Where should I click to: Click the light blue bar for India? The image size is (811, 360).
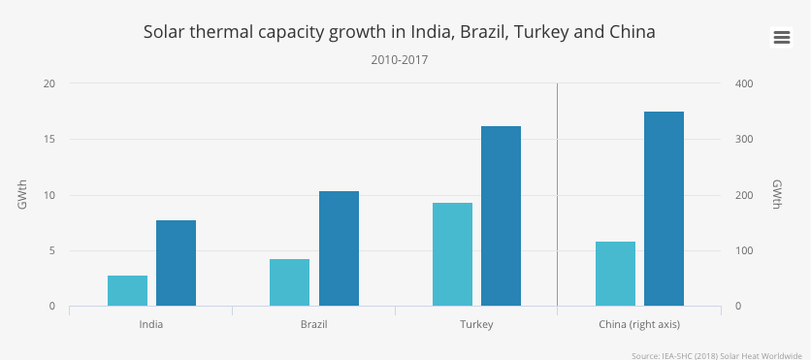click(x=128, y=291)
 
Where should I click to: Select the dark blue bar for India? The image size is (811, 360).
click(x=177, y=263)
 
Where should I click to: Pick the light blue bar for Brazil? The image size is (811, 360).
click(x=290, y=282)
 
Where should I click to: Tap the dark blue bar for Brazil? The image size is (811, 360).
click(x=339, y=248)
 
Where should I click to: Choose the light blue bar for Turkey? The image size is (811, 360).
click(x=453, y=254)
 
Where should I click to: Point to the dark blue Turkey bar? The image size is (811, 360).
click(x=502, y=216)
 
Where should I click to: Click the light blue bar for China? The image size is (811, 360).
click(x=615, y=274)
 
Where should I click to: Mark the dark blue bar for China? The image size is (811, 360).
click(x=665, y=209)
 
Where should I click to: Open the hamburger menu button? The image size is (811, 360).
click(x=782, y=37)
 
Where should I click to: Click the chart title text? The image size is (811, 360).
click(x=400, y=32)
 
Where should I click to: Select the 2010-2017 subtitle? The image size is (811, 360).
click(x=400, y=60)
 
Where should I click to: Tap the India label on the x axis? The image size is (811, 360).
click(x=151, y=325)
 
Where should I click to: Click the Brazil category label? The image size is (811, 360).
click(x=314, y=325)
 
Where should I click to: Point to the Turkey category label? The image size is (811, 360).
click(x=477, y=325)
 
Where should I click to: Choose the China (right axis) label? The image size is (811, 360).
click(x=639, y=325)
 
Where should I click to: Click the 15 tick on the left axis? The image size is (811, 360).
click(x=50, y=140)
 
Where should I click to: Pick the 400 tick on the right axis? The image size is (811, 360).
click(x=744, y=83)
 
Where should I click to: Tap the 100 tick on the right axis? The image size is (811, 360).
click(x=744, y=251)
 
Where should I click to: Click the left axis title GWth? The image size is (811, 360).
click(x=22, y=195)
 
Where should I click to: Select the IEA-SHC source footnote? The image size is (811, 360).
click(x=721, y=355)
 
